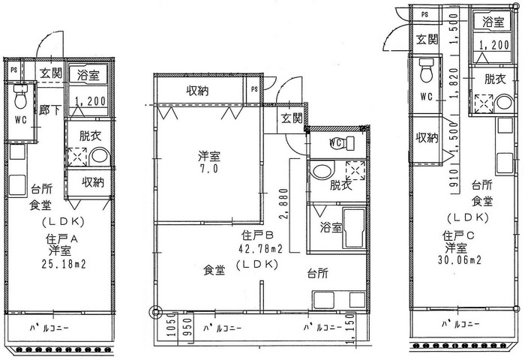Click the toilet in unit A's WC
pos(20,97)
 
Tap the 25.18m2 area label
pos(64,264)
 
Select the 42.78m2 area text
pos(260,249)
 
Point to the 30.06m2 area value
pos(459,259)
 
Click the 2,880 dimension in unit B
pos(283,204)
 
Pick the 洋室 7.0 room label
pos(208,162)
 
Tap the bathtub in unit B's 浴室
pos(354,228)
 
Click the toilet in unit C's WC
pos(427,70)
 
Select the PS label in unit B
pos(254,89)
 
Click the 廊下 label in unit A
pos(50,109)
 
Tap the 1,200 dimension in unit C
pos(494,45)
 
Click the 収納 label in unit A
pos(93,182)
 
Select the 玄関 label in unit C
pos(427,40)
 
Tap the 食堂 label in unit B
pos(214,270)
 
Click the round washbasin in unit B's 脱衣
pos(323,169)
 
